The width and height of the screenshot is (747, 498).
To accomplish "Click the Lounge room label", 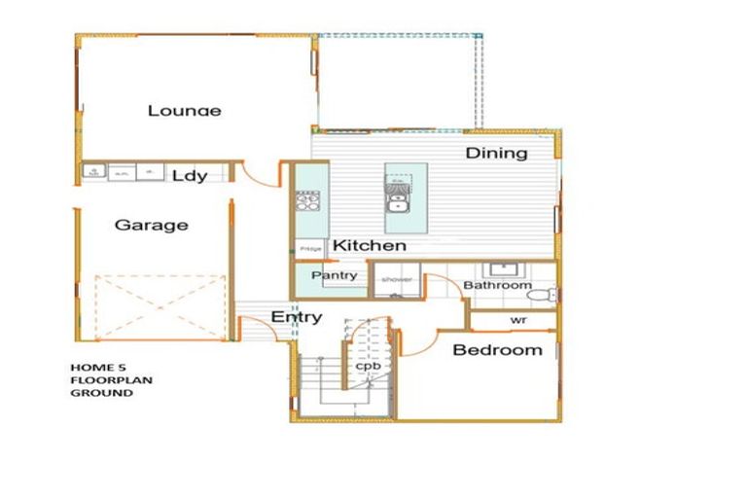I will click(x=184, y=110).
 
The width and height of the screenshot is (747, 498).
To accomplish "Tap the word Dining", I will click(x=496, y=153).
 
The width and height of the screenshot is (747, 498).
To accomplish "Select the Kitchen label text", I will click(x=370, y=246).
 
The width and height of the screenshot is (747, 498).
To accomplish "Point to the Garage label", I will click(x=151, y=225).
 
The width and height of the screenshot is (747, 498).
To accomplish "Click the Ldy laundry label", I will click(x=190, y=176).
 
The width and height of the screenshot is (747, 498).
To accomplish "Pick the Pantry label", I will click(x=335, y=276).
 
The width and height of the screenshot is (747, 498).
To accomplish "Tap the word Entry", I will click(x=297, y=317).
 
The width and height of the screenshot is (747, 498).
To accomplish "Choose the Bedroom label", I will click(x=497, y=350).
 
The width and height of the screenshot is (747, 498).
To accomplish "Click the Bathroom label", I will click(x=497, y=286).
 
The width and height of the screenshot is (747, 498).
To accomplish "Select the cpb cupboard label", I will click(x=367, y=367).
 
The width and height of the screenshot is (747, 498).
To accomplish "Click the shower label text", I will click(x=397, y=280).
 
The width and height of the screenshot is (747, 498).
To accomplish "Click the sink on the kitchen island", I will click(x=397, y=203).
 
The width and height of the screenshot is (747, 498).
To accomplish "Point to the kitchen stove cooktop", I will click(x=307, y=201).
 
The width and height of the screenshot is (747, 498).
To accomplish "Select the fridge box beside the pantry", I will click(x=310, y=250).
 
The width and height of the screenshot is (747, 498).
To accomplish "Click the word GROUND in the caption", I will click(x=101, y=394).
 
